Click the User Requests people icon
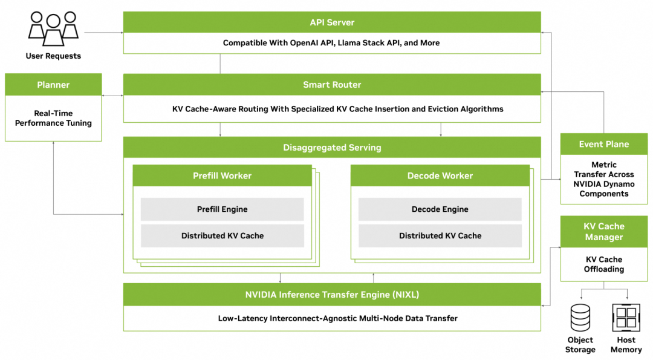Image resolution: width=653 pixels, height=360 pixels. tap(53, 29)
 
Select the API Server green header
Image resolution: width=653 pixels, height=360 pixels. tap(332, 22)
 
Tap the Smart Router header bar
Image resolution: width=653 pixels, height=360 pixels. tap(332, 85)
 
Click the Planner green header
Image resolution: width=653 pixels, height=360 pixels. tap(53, 85)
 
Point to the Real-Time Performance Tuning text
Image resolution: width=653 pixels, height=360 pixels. tap(53, 118)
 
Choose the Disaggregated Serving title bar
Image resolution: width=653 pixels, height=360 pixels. tap(332, 148)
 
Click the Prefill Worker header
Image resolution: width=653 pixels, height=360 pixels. tap(222, 175)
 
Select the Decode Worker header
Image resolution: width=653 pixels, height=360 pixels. tap(440, 175)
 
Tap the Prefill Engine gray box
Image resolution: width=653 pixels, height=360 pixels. tap(222, 209)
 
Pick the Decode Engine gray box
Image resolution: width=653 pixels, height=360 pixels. tap(440, 209)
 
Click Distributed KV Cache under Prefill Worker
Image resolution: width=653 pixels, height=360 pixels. tap(222, 236)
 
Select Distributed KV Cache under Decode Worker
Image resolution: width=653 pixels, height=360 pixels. tap(440, 236)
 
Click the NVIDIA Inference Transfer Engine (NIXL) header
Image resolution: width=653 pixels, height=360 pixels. tap(332, 295)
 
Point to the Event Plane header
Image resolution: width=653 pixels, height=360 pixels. tap(603, 144)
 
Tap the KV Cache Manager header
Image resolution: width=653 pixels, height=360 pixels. tap(603, 232)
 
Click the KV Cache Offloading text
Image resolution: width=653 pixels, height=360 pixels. tap(603, 264)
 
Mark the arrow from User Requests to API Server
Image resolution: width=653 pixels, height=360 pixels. tap(103, 32)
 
